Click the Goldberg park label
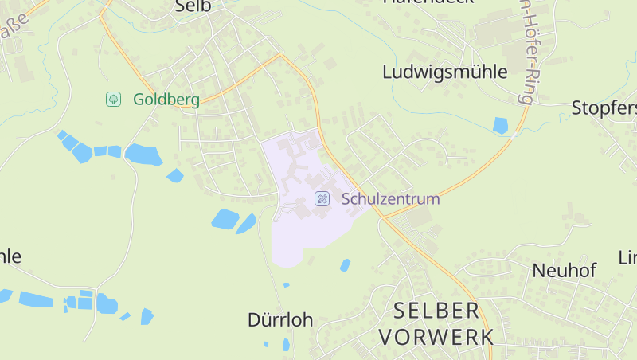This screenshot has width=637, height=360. click(166, 100)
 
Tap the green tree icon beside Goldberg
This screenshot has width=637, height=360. click(113, 99)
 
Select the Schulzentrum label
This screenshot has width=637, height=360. click(390, 199)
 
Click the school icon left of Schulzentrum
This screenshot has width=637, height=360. click(322, 199)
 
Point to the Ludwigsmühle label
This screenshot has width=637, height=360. click(444, 72)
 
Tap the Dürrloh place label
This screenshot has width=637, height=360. click(279, 320)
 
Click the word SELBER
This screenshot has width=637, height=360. click(436, 311)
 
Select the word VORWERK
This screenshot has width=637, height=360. click(436, 337)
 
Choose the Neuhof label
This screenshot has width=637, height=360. click(564, 271)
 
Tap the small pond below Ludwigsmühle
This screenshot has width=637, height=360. click(500, 125)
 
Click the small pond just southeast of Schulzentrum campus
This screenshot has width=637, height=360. click(345, 265)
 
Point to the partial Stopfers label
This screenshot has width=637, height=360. click(604, 108)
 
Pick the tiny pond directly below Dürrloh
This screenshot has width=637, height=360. click(286, 344)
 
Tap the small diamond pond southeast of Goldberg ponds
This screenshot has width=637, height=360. click(175, 175)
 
